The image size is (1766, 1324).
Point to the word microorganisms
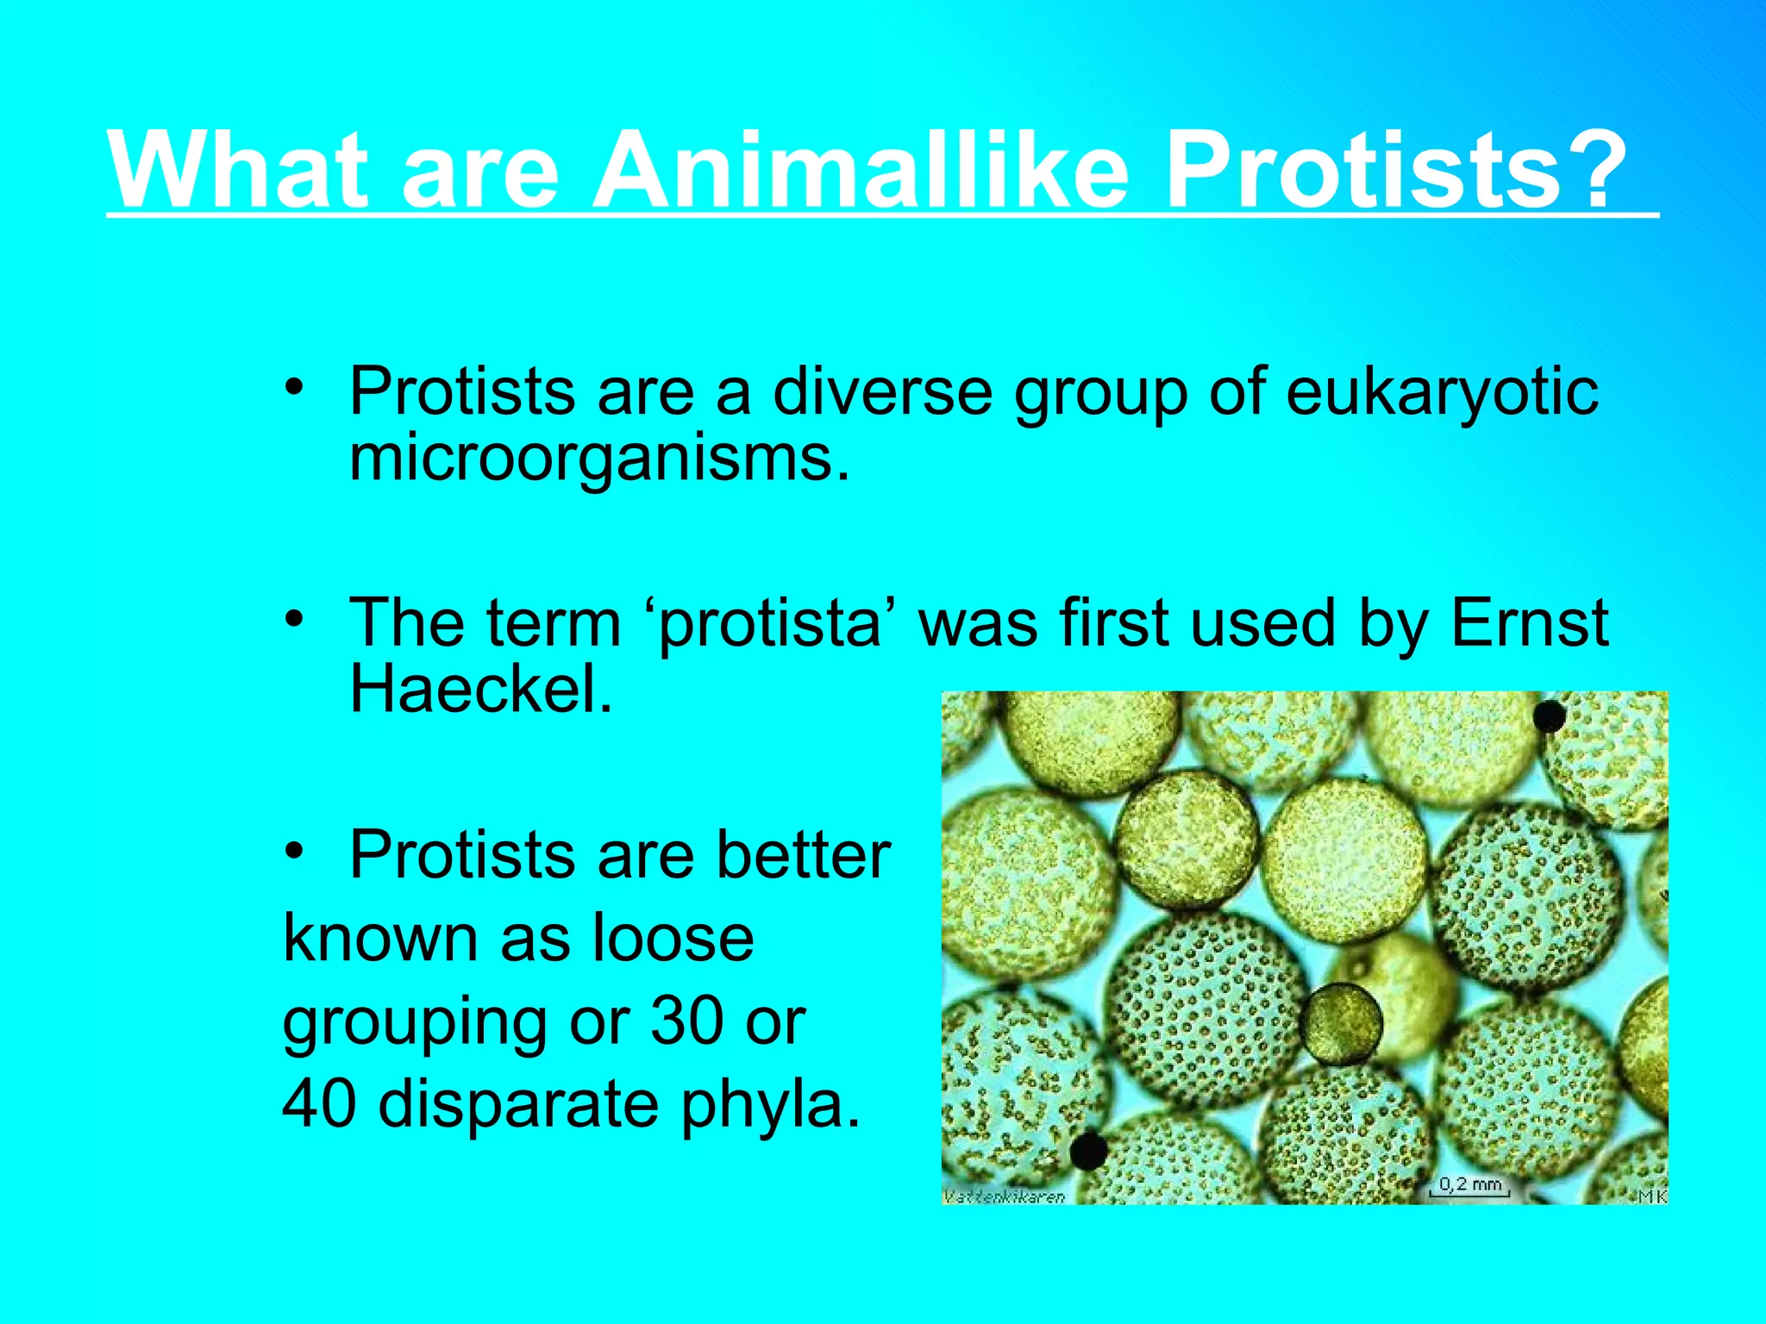click(599, 460)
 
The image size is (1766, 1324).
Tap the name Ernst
click(1529, 622)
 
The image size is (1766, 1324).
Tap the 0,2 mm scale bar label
click(1470, 1184)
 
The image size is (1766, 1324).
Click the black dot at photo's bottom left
click(1088, 1151)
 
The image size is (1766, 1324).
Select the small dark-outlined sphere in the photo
click(1340, 1023)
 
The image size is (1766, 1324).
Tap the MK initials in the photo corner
click(1651, 1195)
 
